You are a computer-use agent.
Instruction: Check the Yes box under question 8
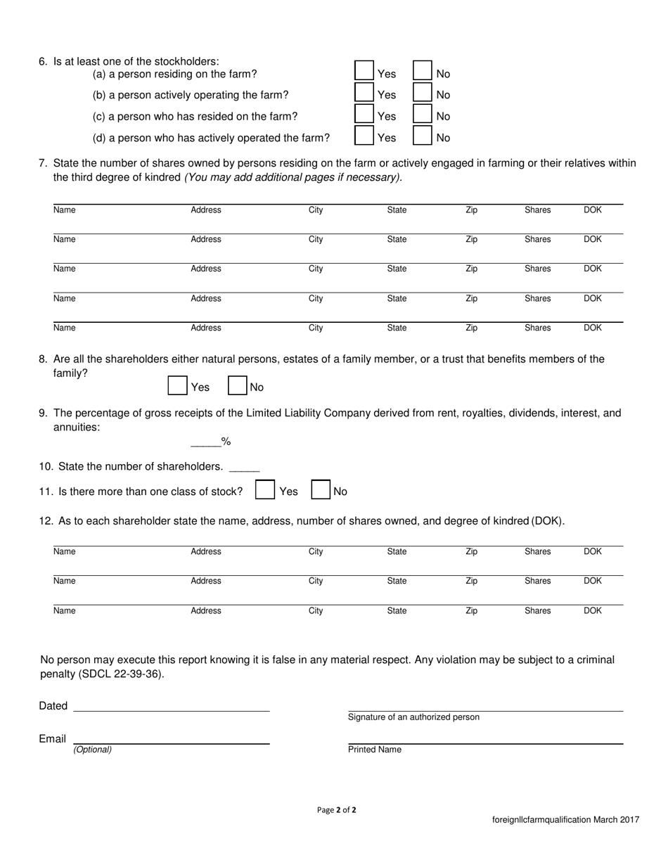[x=178, y=385]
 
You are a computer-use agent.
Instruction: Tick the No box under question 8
[x=238, y=385]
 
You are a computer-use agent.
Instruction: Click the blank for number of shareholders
[x=244, y=467]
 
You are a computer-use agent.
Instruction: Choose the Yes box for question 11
[x=265, y=490]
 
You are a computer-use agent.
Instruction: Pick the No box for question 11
[x=321, y=490]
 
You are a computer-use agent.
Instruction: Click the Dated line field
[x=171, y=706]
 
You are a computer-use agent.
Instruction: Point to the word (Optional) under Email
[x=93, y=750]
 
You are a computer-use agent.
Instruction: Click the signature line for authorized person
[x=485, y=706]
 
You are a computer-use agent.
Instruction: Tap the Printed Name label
[x=375, y=750]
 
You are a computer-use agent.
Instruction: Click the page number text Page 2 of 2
[x=337, y=809]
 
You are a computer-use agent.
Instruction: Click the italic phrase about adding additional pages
[x=293, y=177]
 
